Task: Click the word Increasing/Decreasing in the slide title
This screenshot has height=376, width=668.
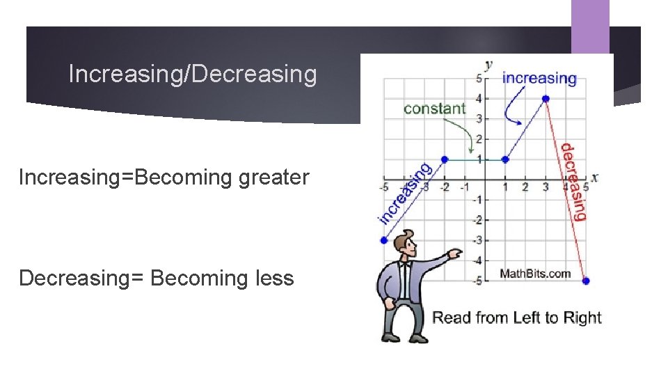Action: pyautogui.click(x=193, y=74)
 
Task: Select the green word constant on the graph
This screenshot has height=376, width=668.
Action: pyautogui.click(x=434, y=108)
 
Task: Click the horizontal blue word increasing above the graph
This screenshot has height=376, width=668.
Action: pyautogui.click(x=539, y=78)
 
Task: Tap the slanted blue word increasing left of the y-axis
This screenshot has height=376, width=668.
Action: pyautogui.click(x=404, y=193)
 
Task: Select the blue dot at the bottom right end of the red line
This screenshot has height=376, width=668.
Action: pyautogui.click(x=585, y=281)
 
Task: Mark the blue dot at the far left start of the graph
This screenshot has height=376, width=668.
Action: pyautogui.click(x=383, y=240)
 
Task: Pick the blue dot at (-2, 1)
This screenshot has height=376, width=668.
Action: pyautogui.click(x=445, y=159)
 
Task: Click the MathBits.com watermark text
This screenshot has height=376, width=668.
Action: pyautogui.click(x=535, y=273)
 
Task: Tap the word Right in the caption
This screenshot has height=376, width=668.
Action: pyautogui.click(x=583, y=318)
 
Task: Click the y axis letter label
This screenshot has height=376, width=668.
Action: pyautogui.click(x=488, y=65)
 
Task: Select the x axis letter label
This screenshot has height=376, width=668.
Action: pyautogui.click(x=595, y=177)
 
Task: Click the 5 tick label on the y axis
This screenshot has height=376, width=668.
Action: pyautogui.click(x=479, y=79)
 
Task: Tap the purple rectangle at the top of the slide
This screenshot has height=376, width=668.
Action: pyautogui.click(x=590, y=26)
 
